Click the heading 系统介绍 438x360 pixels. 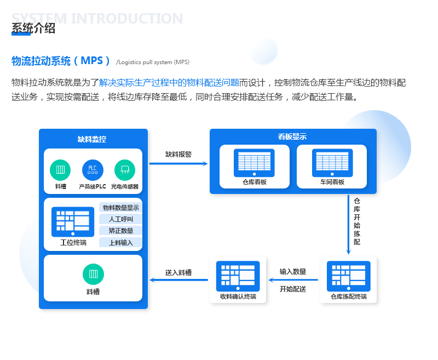click(33, 28)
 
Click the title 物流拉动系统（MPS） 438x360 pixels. click(61, 61)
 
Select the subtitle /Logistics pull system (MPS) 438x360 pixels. click(153, 62)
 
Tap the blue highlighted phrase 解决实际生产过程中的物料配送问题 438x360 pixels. click(169, 83)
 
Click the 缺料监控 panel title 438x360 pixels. click(92, 139)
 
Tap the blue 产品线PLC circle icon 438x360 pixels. click(93, 170)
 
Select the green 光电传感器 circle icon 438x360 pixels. click(125, 170)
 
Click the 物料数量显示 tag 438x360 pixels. click(121, 208)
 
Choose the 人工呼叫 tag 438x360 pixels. click(121, 219)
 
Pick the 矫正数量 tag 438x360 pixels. click(121, 231)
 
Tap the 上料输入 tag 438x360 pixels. click(121, 242)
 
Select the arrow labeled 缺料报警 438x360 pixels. click(178, 163)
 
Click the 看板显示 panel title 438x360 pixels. click(292, 137)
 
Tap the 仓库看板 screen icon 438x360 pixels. click(254, 163)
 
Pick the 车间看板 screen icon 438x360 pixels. click(332, 163)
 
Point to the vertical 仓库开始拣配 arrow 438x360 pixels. click(348, 225)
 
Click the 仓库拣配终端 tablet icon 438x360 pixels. click(349, 276)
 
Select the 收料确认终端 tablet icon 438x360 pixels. click(238, 276)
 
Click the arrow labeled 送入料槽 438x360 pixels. click(179, 280)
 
